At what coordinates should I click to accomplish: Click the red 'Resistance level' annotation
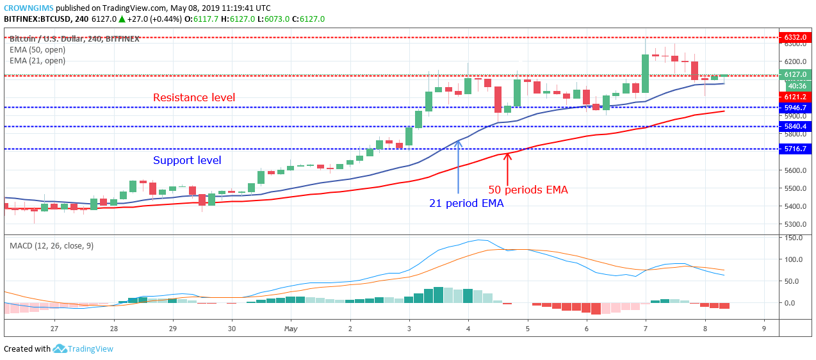pyautogui.click(x=193, y=97)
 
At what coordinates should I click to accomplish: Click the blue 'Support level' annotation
pyautogui.click(x=186, y=160)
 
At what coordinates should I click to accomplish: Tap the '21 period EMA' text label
pyautogui.click(x=466, y=204)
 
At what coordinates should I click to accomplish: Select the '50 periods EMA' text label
pyautogui.click(x=528, y=190)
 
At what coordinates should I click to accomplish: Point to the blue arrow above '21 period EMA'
pyautogui.click(x=459, y=167)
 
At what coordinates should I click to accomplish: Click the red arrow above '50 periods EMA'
pyautogui.click(x=507, y=167)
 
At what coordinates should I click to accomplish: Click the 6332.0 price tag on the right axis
pyautogui.click(x=794, y=37)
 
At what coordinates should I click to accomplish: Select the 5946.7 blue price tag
pyautogui.click(x=794, y=108)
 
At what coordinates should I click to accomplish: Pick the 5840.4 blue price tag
pyautogui.click(x=794, y=127)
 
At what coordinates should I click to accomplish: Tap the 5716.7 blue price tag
pyautogui.click(x=794, y=149)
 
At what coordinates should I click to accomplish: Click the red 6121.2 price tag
pyautogui.click(x=794, y=96)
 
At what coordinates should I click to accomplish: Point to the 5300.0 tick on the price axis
pyautogui.click(x=794, y=224)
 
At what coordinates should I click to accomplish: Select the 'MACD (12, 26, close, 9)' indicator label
pyautogui.click(x=51, y=245)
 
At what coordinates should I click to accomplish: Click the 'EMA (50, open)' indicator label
pyautogui.click(x=37, y=49)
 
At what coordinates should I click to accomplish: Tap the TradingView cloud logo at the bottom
pyautogui.click(x=60, y=349)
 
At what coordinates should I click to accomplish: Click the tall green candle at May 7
pyautogui.click(x=645, y=73)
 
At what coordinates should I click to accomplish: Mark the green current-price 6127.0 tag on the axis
pyautogui.click(x=794, y=75)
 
